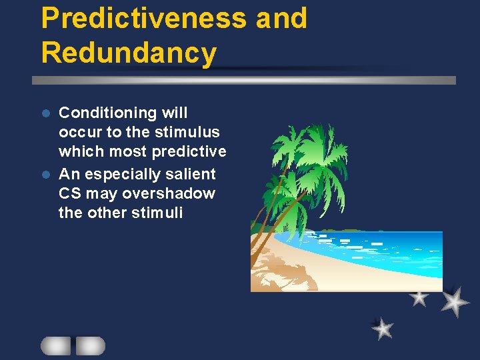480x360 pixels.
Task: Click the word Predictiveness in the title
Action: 143,19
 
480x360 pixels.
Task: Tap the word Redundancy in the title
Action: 129,53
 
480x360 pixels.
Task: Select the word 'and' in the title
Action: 281,19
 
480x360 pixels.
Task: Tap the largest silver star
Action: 455,301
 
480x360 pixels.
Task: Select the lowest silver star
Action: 383,328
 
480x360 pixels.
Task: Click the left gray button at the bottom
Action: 55,345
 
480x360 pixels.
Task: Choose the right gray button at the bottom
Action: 90,345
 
